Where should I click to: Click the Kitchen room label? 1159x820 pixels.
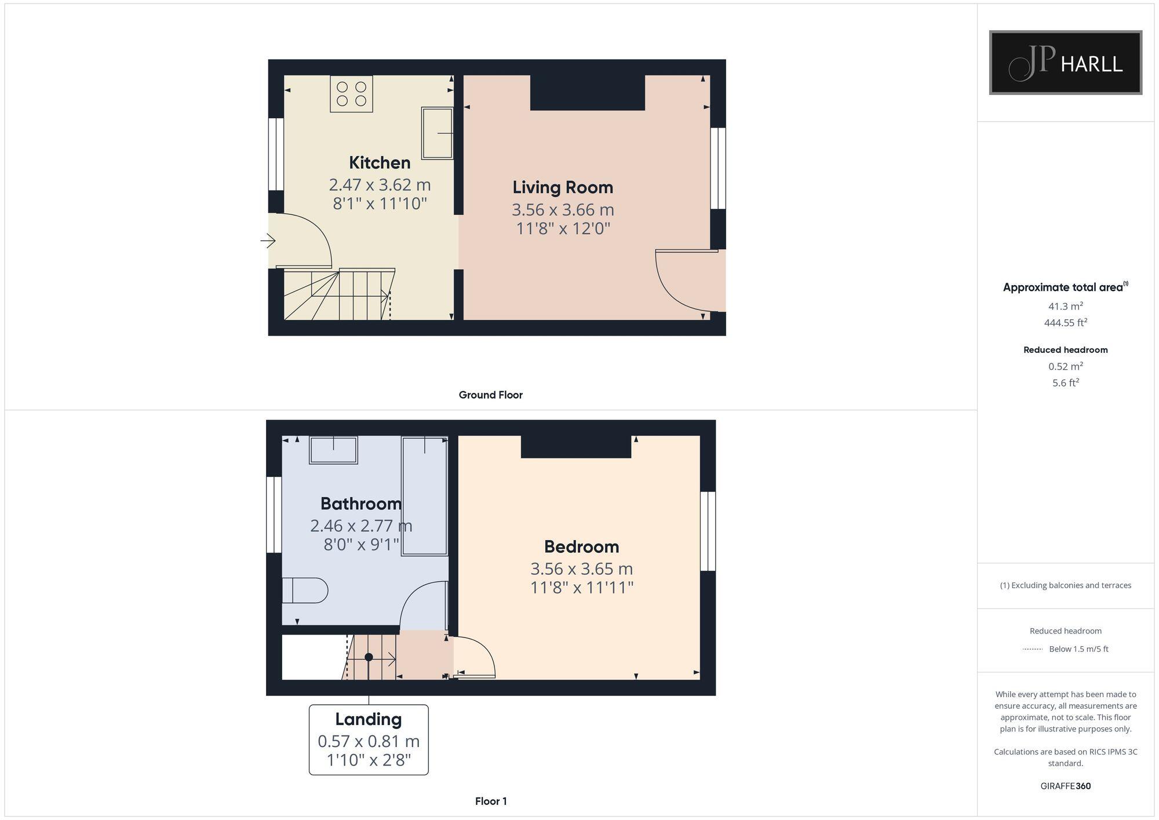click(x=380, y=162)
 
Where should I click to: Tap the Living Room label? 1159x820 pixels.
click(x=563, y=187)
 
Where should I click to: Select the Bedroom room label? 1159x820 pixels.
click(x=581, y=546)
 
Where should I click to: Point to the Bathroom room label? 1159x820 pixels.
click(x=360, y=503)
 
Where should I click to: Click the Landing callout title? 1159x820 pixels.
click(x=369, y=719)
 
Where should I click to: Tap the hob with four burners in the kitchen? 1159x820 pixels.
click(x=351, y=94)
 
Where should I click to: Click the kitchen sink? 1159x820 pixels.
click(x=437, y=133)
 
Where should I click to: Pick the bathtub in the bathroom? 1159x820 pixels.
click(x=424, y=496)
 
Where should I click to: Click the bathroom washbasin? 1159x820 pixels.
click(x=333, y=450)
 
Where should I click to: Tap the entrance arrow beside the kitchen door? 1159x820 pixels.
click(x=268, y=240)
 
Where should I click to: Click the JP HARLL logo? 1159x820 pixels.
click(x=1065, y=63)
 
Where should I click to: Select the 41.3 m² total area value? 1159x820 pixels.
click(x=1065, y=306)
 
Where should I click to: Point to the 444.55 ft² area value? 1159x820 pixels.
click(x=1065, y=323)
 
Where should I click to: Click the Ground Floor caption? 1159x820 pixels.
click(x=490, y=395)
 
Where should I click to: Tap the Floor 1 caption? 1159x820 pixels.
click(x=490, y=801)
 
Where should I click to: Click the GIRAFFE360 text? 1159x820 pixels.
click(x=1065, y=786)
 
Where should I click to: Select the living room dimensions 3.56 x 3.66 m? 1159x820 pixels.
click(x=563, y=209)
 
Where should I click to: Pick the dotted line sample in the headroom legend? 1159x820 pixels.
click(x=1033, y=649)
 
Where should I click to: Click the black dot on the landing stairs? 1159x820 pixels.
click(x=369, y=657)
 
